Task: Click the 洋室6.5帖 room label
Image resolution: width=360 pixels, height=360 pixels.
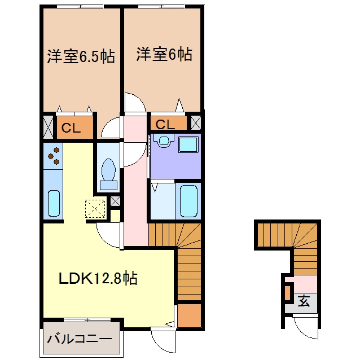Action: pyautogui.click(x=81, y=56)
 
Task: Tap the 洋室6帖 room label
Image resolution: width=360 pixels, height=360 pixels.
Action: pyautogui.click(x=164, y=54)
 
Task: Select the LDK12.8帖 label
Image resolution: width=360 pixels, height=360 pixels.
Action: pyautogui.click(x=98, y=278)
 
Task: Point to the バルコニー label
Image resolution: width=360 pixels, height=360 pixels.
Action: pyautogui.click(x=80, y=339)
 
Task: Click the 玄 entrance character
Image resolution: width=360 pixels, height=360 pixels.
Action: pyautogui.click(x=304, y=301)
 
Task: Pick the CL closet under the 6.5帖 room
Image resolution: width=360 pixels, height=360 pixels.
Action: pyautogui.click(x=75, y=128)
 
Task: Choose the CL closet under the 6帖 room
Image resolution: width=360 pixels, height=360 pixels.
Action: pyautogui.click(x=168, y=124)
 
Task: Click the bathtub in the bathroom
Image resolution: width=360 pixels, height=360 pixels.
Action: pyautogui.click(x=188, y=201)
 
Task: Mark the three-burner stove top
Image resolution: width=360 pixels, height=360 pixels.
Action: pyautogui.click(x=53, y=156)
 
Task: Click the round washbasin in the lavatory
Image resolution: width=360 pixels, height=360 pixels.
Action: pyautogui.click(x=164, y=141)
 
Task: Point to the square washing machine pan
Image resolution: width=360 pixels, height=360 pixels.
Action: pyautogui.click(x=188, y=144)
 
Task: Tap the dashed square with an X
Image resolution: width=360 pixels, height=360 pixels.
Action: pyautogui.click(x=95, y=209)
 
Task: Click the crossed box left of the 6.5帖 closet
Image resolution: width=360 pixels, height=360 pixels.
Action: pyautogui.click(x=48, y=127)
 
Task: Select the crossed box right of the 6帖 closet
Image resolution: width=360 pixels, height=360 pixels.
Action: pyautogui.click(x=196, y=122)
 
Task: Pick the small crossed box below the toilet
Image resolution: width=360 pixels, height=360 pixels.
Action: pyautogui.click(x=115, y=201)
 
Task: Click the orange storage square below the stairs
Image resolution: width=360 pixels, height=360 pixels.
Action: pyautogui.click(x=190, y=315)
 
